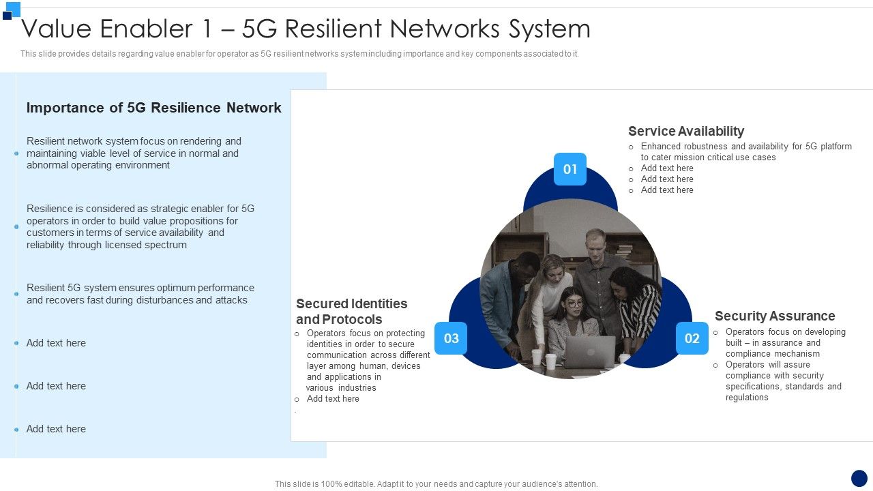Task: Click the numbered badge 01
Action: coord(570,169)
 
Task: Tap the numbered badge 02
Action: coord(692,338)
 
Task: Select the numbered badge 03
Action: coord(451,338)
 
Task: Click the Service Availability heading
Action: coord(685,131)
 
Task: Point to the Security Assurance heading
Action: coord(774,316)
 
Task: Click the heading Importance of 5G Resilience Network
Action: coord(153,108)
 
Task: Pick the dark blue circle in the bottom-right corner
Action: coord(859,478)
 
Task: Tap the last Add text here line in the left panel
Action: coord(56,429)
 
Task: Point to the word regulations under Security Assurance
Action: coord(747,398)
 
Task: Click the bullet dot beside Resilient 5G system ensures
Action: coord(16,294)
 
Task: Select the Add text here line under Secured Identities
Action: coord(333,399)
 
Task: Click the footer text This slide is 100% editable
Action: coord(436,484)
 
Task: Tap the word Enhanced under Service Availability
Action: coord(662,147)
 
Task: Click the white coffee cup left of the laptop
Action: coord(550,361)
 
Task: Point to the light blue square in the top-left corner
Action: coord(13,8)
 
